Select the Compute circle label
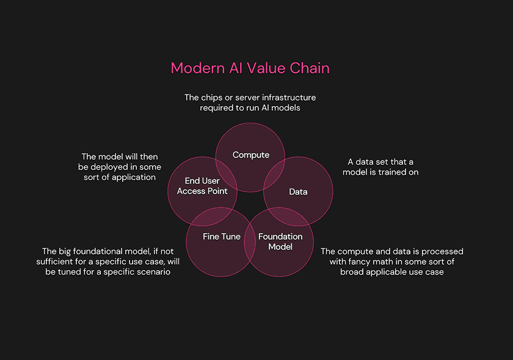(251, 155)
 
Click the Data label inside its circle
(298, 192)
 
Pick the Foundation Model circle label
(280, 242)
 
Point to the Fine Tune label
(222, 236)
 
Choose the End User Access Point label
(202, 186)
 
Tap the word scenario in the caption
(152, 272)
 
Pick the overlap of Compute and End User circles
(227, 173)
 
